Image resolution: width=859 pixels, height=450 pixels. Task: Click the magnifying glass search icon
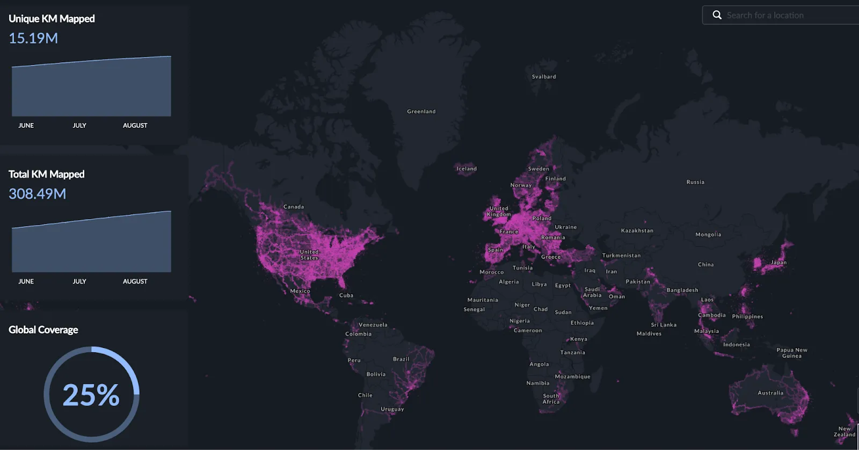tap(717, 15)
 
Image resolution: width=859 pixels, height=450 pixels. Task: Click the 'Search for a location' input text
tap(765, 16)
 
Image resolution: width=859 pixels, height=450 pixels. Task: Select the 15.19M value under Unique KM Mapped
tap(33, 38)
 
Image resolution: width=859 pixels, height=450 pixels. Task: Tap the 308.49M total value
tap(38, 194)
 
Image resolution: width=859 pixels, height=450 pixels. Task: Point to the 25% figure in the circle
tap(91, 395)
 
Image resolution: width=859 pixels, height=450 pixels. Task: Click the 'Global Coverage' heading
tap(43, 330)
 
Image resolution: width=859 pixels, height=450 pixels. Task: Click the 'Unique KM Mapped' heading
tap(52, 19)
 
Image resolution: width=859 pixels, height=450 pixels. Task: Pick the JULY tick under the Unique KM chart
tap(79, 126)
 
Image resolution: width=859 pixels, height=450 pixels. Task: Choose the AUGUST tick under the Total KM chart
tap(135, 281)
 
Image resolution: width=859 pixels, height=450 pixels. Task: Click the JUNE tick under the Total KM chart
tap(26, 281)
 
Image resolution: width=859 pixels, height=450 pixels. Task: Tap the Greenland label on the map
tap(421, 112)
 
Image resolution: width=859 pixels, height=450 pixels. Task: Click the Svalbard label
tap(544, 77)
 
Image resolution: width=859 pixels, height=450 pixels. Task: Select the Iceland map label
tap(467, 169)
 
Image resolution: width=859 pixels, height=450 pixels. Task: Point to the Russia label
tap(695, 182)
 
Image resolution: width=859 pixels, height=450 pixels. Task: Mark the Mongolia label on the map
tap(708, 235)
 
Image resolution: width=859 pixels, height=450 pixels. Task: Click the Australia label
tap(770, 393)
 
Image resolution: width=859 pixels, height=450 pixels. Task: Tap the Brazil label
tap(401, 359)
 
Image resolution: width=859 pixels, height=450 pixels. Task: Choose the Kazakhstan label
tap(637, 231)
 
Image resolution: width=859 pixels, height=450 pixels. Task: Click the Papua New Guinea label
tap(792, 353)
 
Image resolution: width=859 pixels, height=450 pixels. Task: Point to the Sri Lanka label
tap(664, 325)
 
